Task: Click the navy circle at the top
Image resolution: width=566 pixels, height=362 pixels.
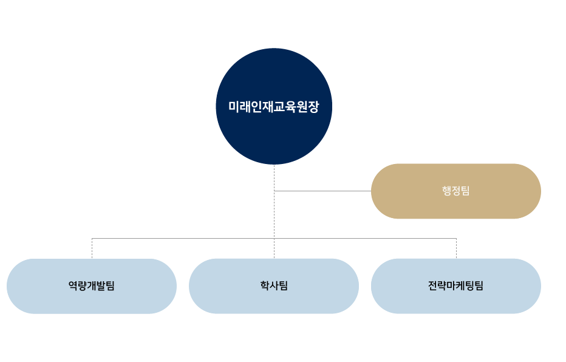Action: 274,73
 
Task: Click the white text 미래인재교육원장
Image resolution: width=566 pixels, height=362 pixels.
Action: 274,107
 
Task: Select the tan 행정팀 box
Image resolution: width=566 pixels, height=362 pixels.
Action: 413,191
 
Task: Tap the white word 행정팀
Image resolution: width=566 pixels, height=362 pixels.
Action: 456,191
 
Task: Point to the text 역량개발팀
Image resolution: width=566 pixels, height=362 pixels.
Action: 92,286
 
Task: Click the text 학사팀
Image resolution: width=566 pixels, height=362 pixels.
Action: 274,286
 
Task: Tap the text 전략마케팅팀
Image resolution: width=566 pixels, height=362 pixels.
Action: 456,286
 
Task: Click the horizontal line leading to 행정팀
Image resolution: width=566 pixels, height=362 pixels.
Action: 322,191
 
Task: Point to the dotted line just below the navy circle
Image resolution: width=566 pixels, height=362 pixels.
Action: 274,176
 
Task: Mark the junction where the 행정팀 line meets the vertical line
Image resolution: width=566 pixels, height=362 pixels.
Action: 274,191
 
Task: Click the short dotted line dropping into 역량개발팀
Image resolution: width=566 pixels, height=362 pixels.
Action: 92,248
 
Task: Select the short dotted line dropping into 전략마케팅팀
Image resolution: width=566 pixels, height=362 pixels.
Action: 456,248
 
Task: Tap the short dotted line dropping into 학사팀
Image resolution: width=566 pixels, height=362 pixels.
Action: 274,248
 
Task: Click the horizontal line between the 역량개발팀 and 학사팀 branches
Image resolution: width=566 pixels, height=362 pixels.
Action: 182,238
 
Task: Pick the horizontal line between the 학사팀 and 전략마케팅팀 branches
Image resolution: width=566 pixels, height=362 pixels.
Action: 364,238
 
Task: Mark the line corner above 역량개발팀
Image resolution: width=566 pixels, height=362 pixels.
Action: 92,238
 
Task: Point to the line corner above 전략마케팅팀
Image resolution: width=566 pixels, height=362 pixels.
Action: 456,238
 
